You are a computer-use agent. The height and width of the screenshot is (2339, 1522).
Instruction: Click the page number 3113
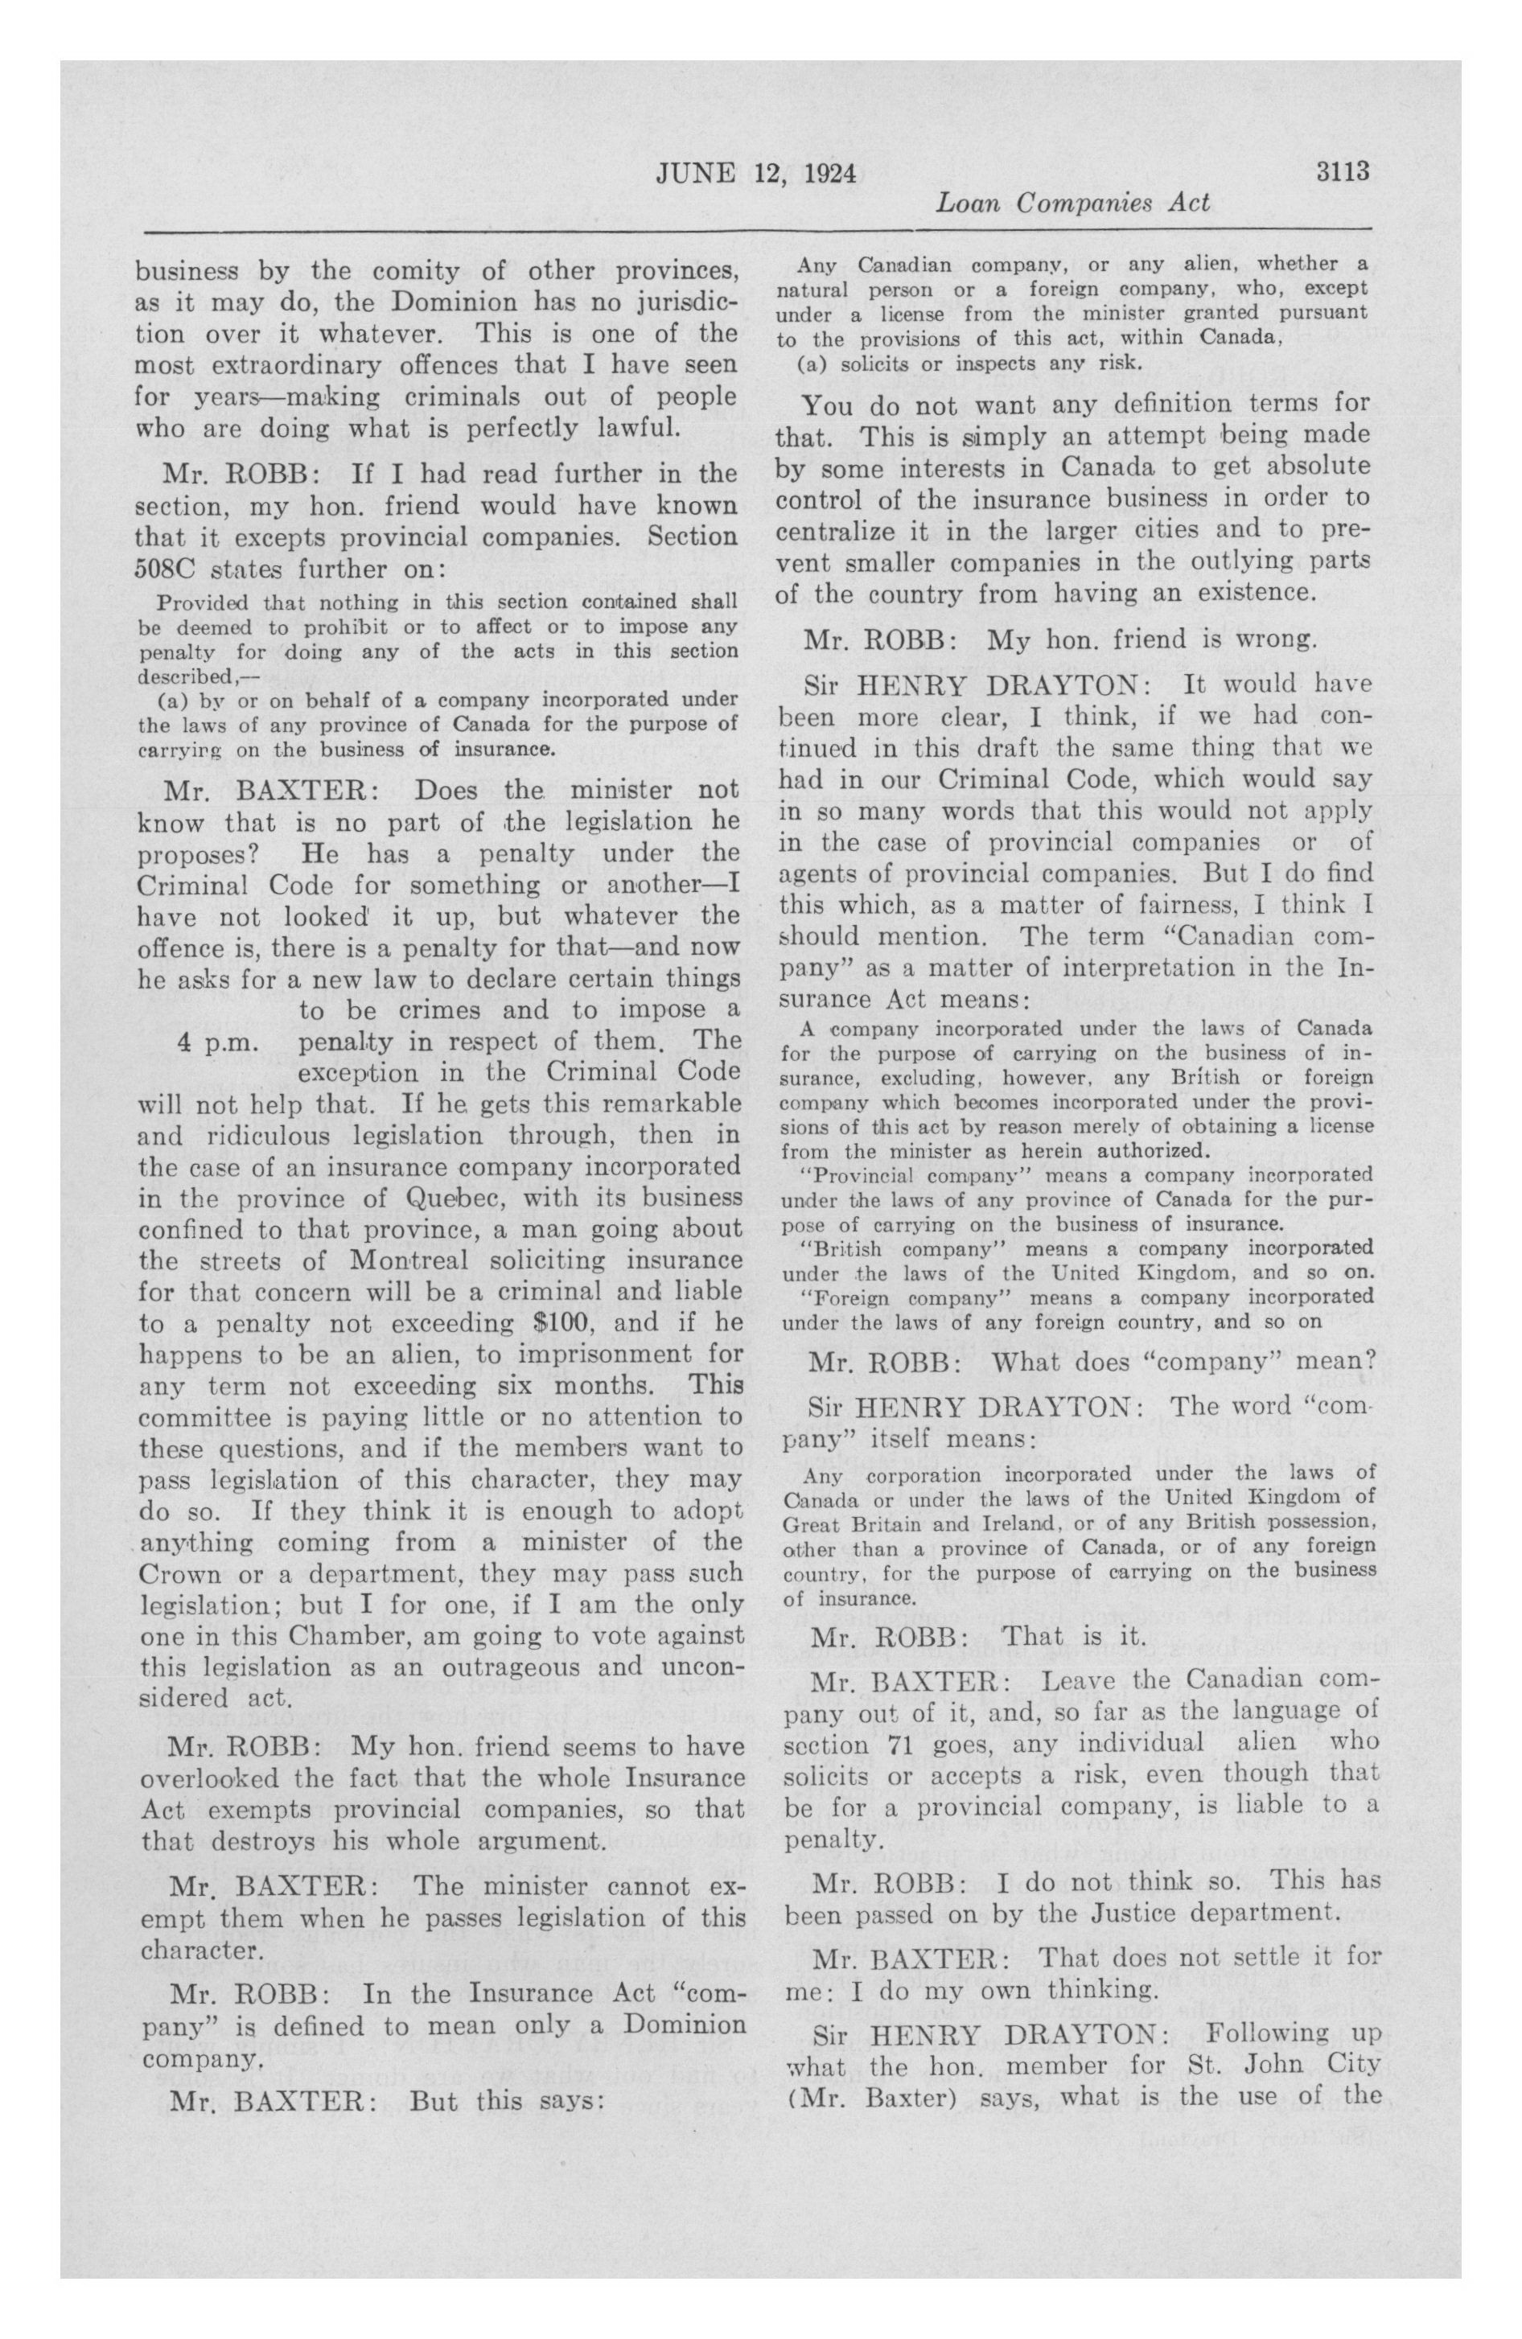tap(1343, 172)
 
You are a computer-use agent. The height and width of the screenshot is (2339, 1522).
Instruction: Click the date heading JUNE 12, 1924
tap(755, 174)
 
